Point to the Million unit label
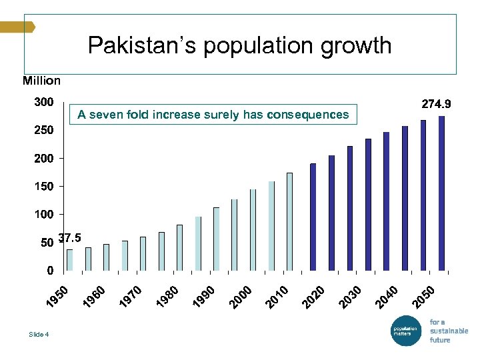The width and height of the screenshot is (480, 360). click(41, 81)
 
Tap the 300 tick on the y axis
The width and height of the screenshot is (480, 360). click(44, 103)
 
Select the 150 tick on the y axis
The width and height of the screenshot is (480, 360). click(44, 187)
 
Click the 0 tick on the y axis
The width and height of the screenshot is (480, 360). click(49, 271)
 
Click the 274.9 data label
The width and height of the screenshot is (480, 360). click(436, 104)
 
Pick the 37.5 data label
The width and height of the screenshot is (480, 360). click(70, 238)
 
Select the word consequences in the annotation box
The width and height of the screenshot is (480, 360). click(307, 115)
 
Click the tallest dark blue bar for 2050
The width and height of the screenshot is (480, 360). click(441, 193)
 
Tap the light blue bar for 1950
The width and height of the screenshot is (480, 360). click(69, 260)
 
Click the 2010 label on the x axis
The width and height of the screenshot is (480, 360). click(277, 298)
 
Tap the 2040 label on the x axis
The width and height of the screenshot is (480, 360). click(387, 298)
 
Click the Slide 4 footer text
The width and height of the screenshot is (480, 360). click(39, 334)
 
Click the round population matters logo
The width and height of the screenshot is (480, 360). click(405, 330)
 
